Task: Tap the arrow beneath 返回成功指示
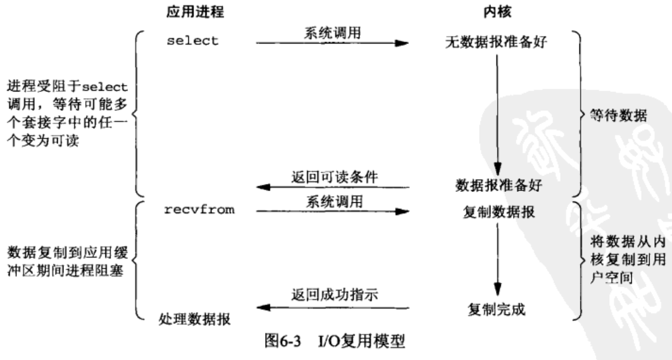(332, 308)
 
